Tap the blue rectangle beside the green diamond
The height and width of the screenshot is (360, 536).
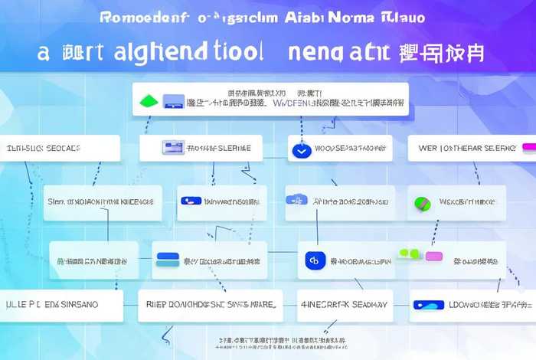pyautogui.click(x=175, y=100)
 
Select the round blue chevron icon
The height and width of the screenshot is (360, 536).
pyautogui.click(x=300, y=151)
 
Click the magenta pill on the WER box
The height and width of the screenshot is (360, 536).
pyautogui.click(x=528, y=146)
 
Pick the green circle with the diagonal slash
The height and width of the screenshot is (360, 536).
pyautogui.click(x=422, y=203)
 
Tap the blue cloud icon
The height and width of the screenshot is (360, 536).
pyautogui.click(x=296, y=200)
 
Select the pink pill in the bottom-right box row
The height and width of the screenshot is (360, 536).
pyautogui.click(x=434, y=255)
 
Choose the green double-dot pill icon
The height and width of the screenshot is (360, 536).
pyautogui.click(x=409, y=254)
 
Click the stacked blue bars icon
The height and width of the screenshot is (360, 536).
pyautogui.click(x=166, y=259)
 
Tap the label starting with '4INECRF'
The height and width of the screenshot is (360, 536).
pyautogui.click(x=342, y=304)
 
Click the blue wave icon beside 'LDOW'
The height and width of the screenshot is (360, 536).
pyautogui.click(x=428, y=304)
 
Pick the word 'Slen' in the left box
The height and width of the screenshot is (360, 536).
pyautogui.click(x=56, y=201)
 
